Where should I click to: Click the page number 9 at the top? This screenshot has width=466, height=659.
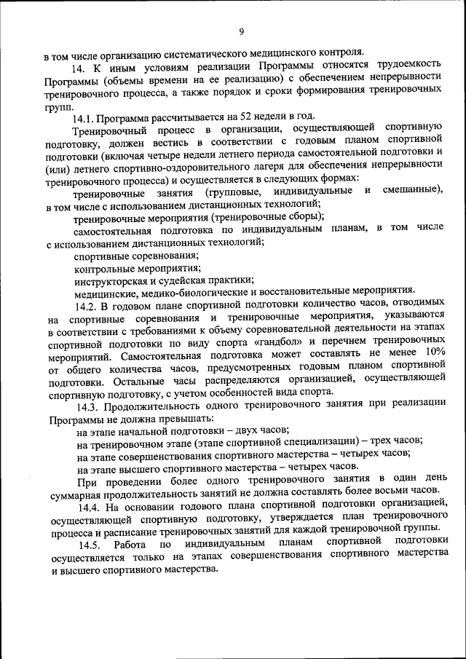tap(241, 31)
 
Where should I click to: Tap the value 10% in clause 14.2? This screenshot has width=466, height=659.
tap(435, 352)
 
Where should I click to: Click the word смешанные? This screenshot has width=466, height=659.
tap(411, 192)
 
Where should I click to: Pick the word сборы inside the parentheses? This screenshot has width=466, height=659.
tap(303, 216)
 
